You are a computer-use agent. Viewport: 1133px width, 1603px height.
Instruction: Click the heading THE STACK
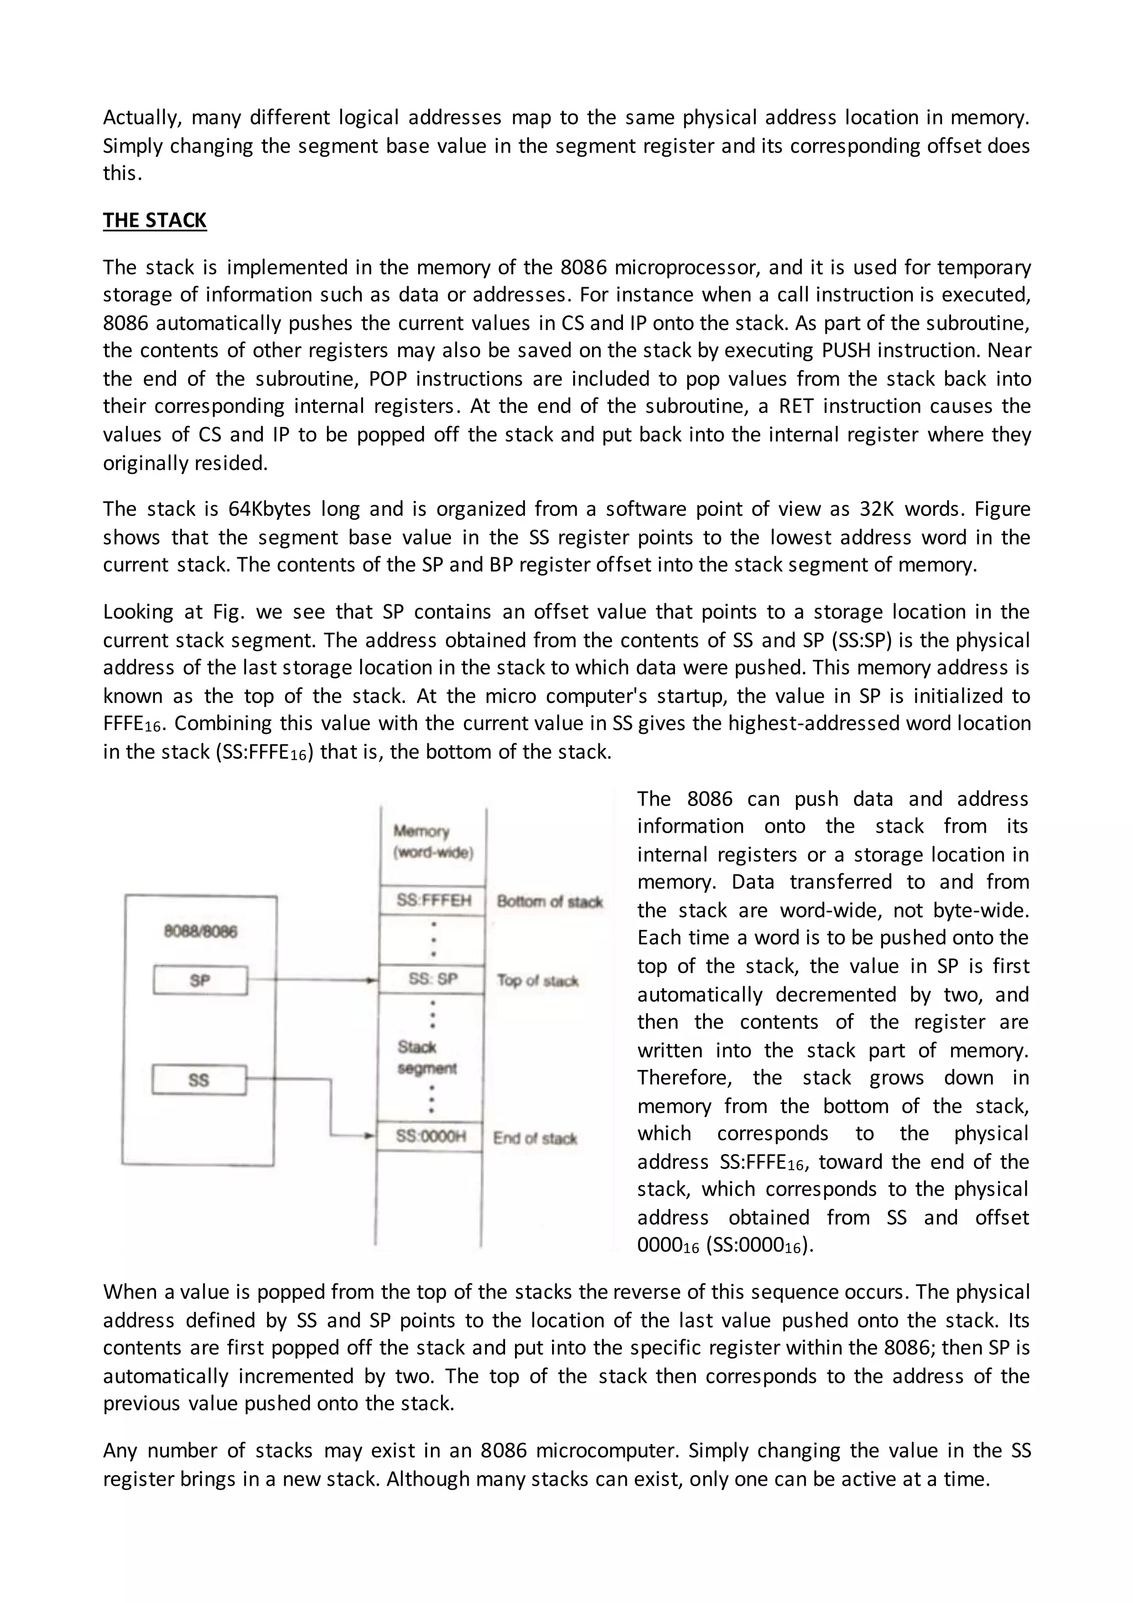pos(154,221)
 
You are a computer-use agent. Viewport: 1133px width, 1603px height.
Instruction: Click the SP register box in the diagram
pos(200,980)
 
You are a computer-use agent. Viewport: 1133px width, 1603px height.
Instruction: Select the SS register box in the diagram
pos(199,1080)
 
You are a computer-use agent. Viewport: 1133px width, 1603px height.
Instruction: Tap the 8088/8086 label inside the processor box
pos(200,932)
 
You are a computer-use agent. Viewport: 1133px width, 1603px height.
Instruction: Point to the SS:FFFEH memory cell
pos(433,901)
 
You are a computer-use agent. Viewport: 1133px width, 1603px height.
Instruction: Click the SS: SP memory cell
pos(433,980)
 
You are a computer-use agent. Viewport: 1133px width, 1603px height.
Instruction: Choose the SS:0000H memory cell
pos(430,1136)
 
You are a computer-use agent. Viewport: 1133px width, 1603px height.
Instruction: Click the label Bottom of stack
pos(549,901)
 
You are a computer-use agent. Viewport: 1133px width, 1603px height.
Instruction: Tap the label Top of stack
pos(537,981)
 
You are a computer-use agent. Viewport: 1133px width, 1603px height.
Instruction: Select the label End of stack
pos(534,1139)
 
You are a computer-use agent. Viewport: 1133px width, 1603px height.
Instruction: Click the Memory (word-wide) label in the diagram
pos(433,842)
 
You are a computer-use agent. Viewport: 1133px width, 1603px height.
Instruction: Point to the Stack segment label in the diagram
pos(427,1058)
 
